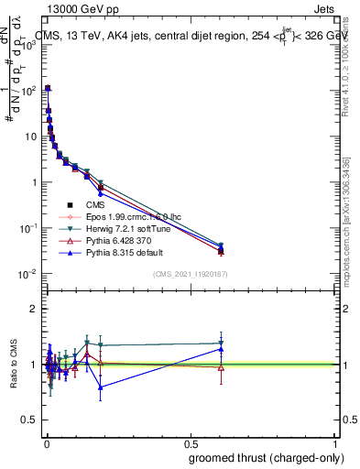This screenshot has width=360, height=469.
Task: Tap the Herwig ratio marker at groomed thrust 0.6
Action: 221,344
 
